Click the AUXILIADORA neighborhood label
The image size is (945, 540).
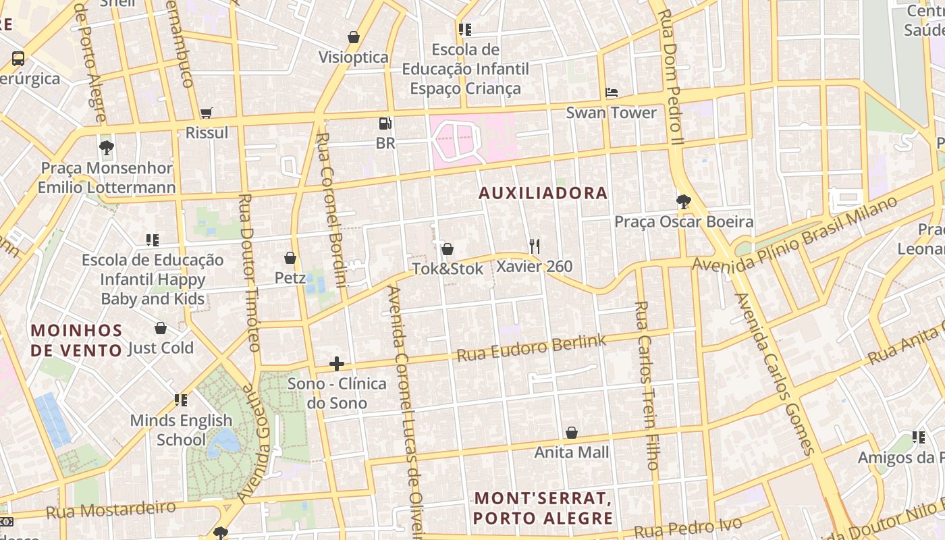543,193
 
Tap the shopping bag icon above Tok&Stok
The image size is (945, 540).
447,249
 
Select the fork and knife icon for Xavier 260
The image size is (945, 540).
535,246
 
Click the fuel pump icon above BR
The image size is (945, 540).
385,124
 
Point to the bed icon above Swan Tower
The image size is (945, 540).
612,93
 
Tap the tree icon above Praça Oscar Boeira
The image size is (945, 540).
683,202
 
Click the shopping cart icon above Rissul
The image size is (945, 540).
207,113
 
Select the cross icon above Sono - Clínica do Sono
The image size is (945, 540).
337,364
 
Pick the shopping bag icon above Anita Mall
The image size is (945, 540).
572,433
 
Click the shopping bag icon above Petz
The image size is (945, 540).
290,258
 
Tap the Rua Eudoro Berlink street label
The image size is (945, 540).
532,348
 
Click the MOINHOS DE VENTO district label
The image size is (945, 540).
77,340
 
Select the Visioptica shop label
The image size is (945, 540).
353,57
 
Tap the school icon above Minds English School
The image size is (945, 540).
180,400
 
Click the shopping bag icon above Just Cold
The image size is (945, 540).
161,329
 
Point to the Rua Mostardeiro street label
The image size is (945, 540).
111,510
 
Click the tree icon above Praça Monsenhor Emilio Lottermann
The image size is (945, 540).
106,148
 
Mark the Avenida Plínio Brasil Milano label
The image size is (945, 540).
796,233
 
